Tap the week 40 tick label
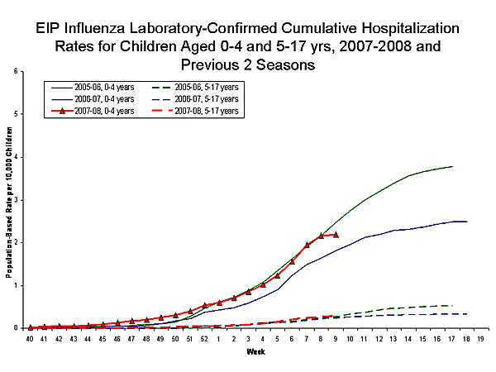pyautogui.click(x=31, y=339)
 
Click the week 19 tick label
pyautogui.click(x=480, y=339)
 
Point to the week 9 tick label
pyautogui.click(x=335, y=339)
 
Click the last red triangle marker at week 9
pyautogui.click(x=335, y=235)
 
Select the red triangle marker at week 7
pyautogui.click(x=307, y=245)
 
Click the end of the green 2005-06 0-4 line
pyautogui.click(x=452, y=166)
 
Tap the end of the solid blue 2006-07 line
pyautogui.click(x=467, y=222)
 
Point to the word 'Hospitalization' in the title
pyautogui.click(x=403, y=27)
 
